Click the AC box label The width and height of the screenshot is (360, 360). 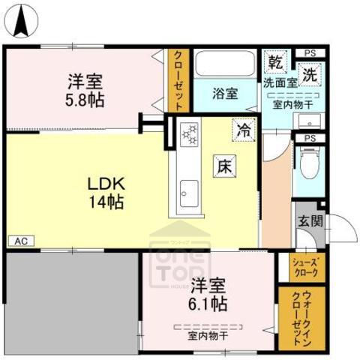pos(20,241)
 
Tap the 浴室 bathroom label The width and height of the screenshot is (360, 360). pos(224,94)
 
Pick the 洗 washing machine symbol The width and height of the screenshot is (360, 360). pos(308,74)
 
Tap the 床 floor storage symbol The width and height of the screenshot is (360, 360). pos(223,166)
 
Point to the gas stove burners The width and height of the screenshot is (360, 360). pos(189,134)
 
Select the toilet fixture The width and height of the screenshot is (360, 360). pos(307,162)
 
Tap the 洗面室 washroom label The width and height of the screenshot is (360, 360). pos(280,83)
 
